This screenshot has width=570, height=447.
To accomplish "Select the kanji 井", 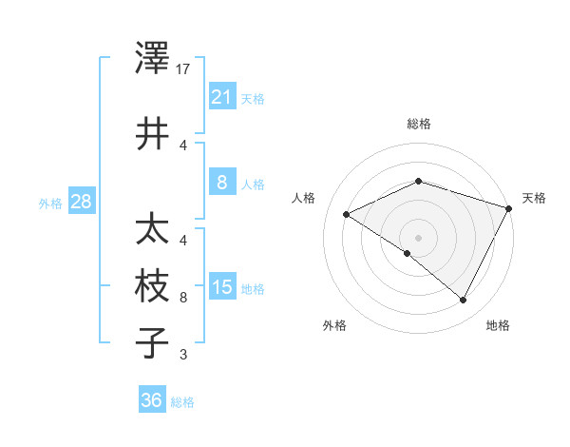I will coord(152,133).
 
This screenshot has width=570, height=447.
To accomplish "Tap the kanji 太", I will coord(152,231).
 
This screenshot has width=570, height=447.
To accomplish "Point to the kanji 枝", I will coord(152,286).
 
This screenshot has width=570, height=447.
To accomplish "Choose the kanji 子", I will coord(152,342).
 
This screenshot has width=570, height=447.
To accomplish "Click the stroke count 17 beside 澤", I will coord(184,70).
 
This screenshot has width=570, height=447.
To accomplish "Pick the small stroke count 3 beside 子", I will coord(183,356).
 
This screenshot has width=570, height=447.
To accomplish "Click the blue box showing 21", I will coord(221,96).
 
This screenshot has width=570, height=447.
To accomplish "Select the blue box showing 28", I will coord(81,201).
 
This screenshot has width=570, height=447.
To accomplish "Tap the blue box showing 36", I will coord(152,400).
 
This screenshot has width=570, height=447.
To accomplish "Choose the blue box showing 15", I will coord(221,286).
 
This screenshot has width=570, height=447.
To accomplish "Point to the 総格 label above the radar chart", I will coord(419,124).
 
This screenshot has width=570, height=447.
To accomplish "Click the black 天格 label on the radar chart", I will coord(535,198).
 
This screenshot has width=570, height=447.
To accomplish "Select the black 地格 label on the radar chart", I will coord(498,326).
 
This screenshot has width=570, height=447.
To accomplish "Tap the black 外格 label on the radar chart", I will coord(334,326).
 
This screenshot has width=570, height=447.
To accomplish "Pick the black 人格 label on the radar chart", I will coord(304,198).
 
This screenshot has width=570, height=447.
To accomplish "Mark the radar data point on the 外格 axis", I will coord(408,254).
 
